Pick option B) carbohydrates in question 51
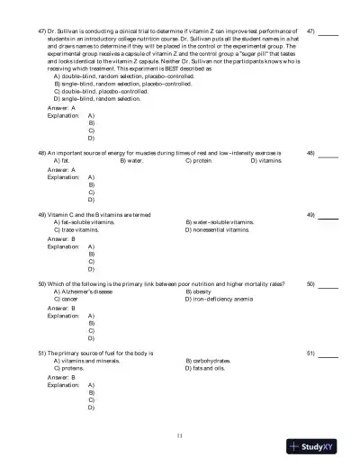pyautogui.click(x=211, y=361)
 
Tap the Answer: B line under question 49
pyautogui.click(x=61, y=238)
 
